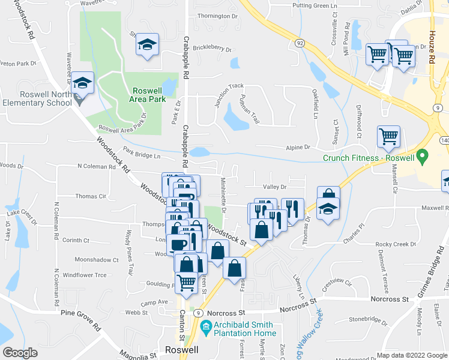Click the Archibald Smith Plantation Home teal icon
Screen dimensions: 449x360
205,328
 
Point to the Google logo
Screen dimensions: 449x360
20,353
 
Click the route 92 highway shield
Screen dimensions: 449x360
299,43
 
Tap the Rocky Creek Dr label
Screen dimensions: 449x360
396,244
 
